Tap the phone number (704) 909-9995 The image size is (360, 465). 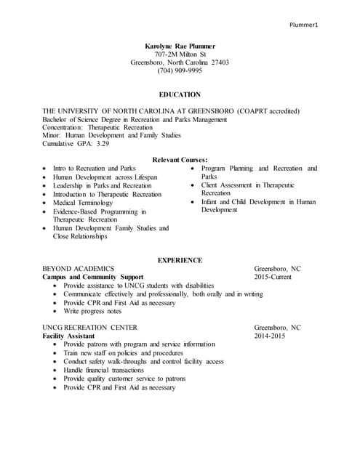[180, 70]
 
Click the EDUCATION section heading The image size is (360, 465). [180, 94]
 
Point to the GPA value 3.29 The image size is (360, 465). [100, 144]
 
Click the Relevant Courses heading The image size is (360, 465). [180, 159]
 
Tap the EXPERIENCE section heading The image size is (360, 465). [180, 260]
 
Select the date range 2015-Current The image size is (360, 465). [273, 278]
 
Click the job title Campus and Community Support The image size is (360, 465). [92, 278]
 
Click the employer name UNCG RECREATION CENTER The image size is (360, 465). [90, 328]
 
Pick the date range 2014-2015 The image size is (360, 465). [270, 336]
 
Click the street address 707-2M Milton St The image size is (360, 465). [180, 54]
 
